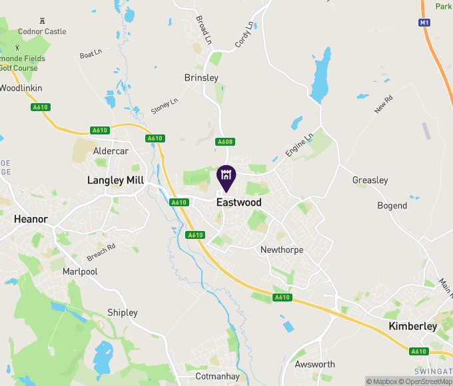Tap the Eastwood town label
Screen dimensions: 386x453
pos(239,202)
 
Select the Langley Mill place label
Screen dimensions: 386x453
pos(115,180)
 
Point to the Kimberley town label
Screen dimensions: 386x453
pos(412,326)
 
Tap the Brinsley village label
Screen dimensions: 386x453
pos(201,78)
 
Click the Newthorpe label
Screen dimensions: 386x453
pos(282,250)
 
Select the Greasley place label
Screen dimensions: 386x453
pos(370,180)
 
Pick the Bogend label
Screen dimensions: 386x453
pos(392,206)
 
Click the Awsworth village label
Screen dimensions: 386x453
pos(315,364)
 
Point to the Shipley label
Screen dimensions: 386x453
pos(123,313)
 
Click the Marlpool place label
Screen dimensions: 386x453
pos(80,272)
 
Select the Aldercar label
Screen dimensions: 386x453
pos(110,152)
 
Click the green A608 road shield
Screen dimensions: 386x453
pos(225,142)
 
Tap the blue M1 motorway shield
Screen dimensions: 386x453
pos(424,23)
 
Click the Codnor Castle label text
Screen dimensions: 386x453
pos(42,31)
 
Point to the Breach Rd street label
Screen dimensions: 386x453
pos(101,251)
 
